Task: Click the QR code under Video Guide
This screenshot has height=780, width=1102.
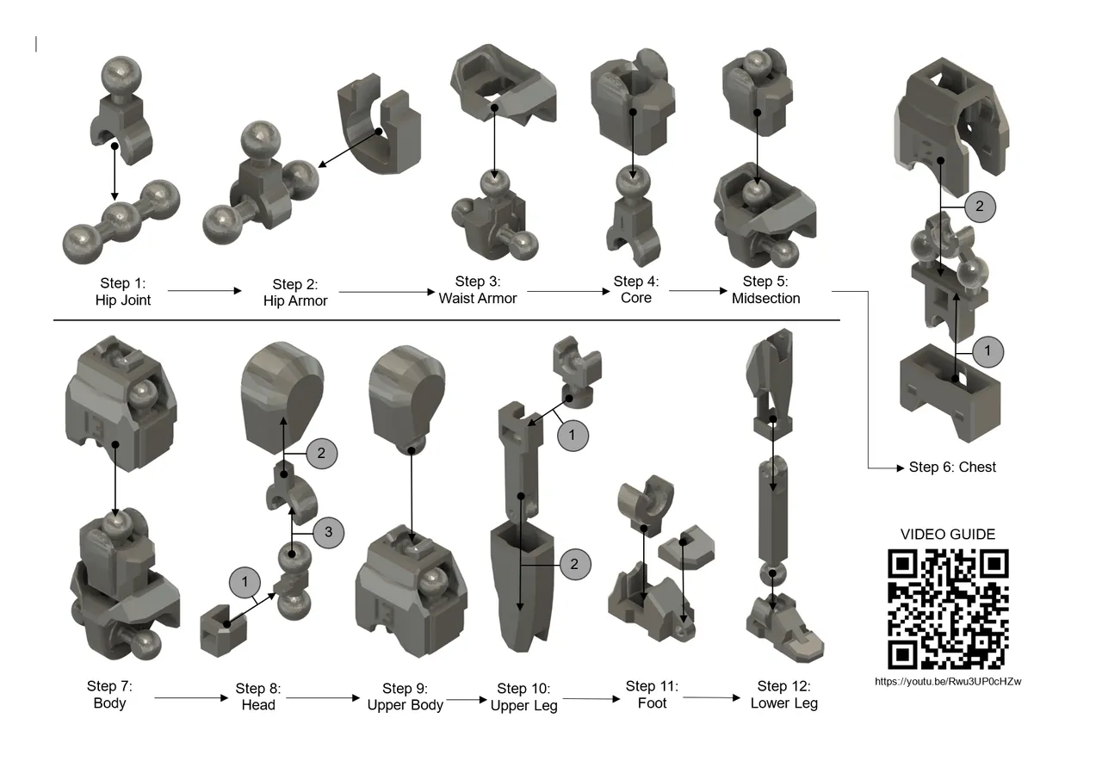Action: point(948,609)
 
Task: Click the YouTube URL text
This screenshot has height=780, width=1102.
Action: point(948,682)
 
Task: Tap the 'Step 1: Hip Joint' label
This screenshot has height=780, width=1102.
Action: point(123,292)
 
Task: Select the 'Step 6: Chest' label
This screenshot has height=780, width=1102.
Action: point(952,467)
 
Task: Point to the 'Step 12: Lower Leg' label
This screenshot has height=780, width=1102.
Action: point(783,695)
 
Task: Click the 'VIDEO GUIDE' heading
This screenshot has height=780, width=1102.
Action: point(948,535)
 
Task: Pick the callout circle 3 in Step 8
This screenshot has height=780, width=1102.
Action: point(328,533)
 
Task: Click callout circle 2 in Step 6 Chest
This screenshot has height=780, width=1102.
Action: point(980,207)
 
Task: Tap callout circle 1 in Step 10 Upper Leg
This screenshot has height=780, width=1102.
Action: point(573,436)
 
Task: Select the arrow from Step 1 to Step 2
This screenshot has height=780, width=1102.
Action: point(205,291)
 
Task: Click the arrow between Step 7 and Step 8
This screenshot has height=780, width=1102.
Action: point(191,698)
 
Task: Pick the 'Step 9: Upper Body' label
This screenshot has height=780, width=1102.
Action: point(405,696)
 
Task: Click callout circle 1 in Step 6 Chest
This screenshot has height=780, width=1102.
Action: point(988,351)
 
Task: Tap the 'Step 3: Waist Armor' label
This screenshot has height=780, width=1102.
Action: point(478,290)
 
